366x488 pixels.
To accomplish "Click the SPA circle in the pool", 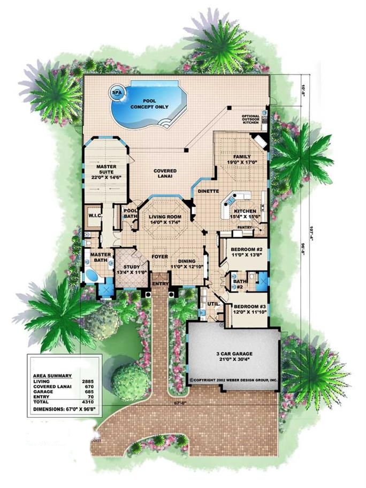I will (116, 92).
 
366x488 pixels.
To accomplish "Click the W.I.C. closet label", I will (95, 216).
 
